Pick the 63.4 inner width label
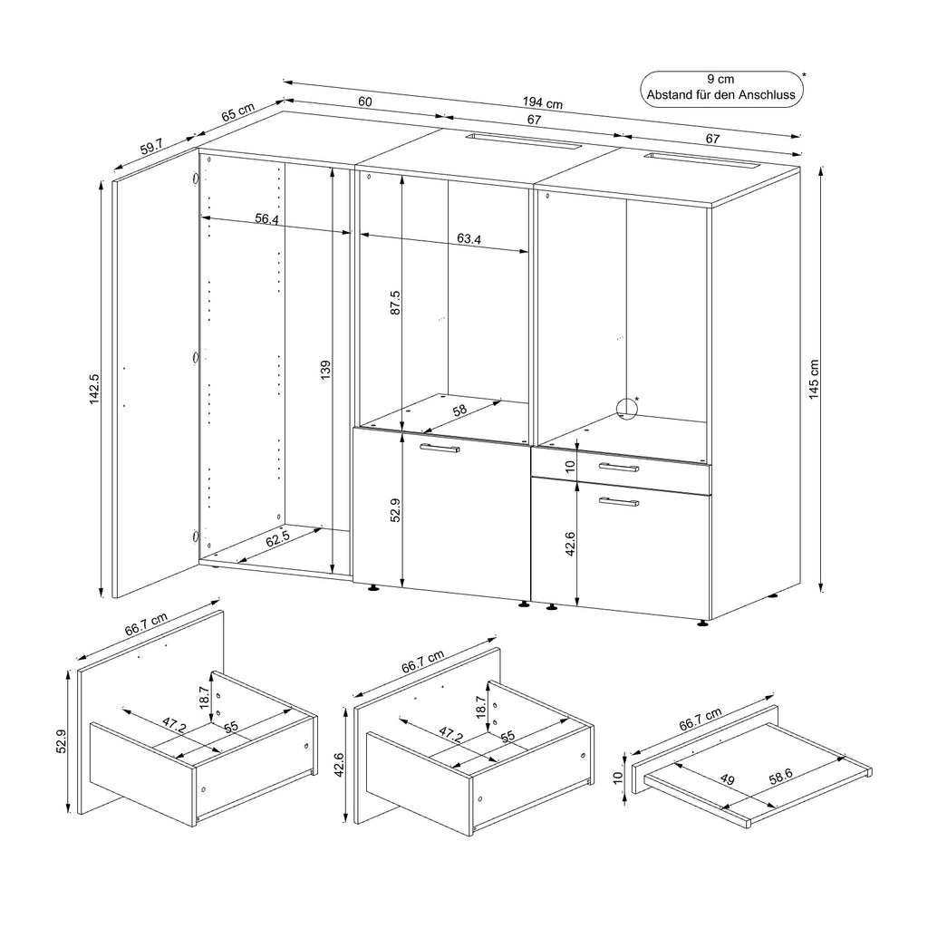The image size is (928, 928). click(469, 239)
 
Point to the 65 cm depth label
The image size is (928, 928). click(238, 115)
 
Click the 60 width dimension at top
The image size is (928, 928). click(364, 102)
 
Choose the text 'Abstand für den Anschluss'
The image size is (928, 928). click(722, 93)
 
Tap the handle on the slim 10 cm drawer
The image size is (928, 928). click(618, 467)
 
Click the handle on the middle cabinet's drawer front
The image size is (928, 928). click(440, 449)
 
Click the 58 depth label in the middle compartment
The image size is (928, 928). click(459, 411)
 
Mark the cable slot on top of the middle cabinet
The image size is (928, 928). click(522, 141)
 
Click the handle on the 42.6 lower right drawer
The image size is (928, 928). click(618, 501)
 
